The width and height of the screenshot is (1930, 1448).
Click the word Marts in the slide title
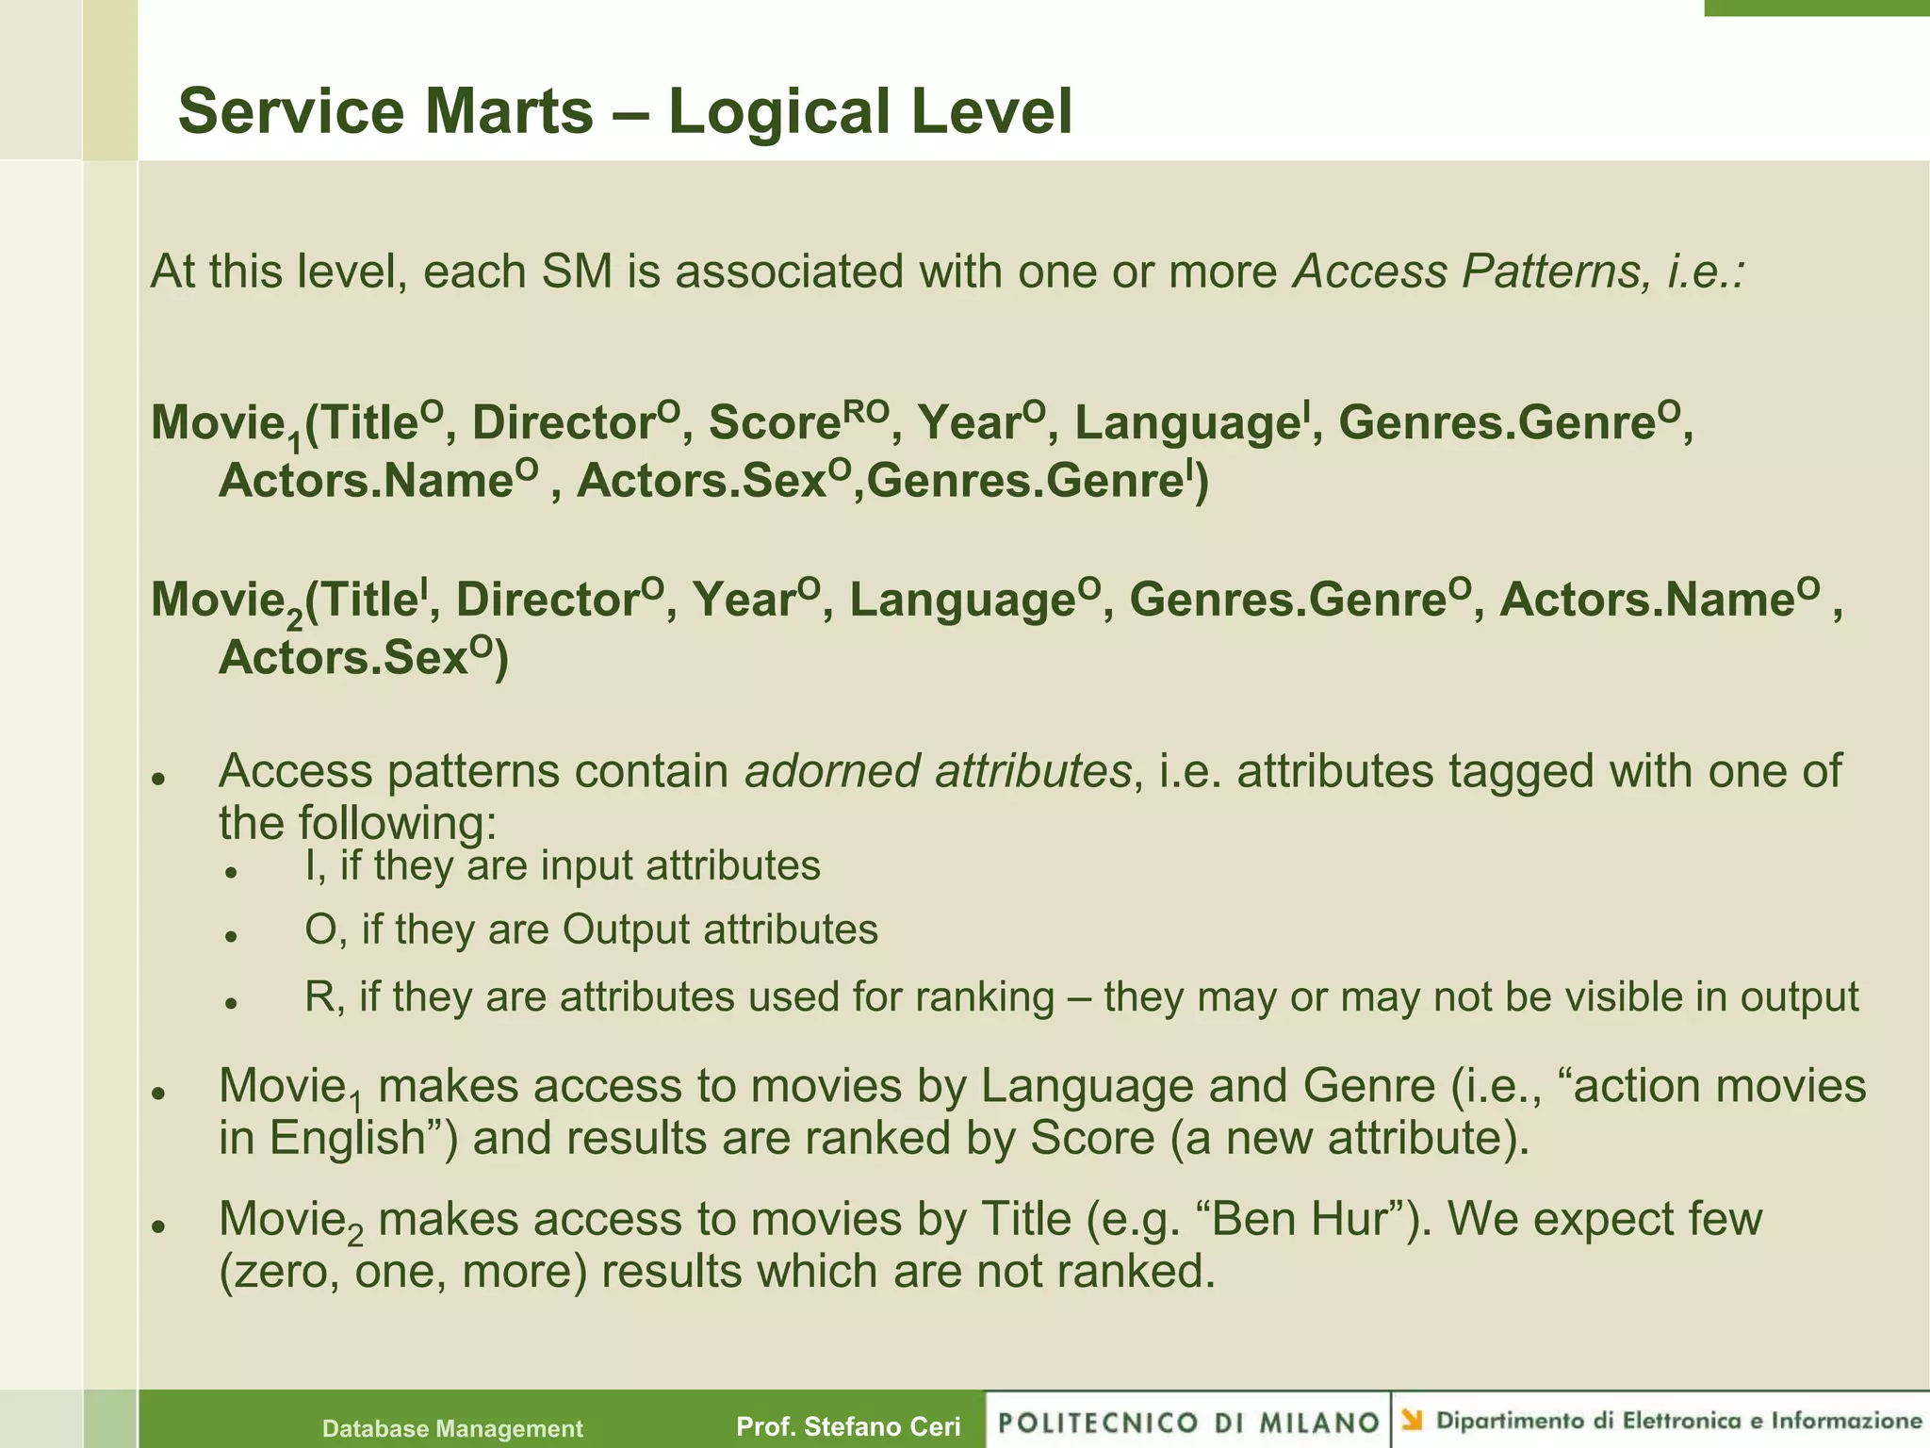[509, 111]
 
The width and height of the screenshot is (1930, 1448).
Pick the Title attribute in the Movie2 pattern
[363, 600]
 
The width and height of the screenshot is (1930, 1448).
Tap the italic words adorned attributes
[938, 771]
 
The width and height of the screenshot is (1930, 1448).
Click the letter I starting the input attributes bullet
[312, 865]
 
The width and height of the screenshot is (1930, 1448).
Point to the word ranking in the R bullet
[984, 996]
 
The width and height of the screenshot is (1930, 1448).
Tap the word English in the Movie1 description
[350, 1138]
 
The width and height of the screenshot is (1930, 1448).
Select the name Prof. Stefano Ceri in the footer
[848, 1426]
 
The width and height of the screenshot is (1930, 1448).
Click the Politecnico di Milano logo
[1188, 1422]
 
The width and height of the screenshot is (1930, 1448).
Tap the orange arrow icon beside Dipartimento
[1412, 1420]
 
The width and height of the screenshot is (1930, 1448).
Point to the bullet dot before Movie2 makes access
[159, 1226]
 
